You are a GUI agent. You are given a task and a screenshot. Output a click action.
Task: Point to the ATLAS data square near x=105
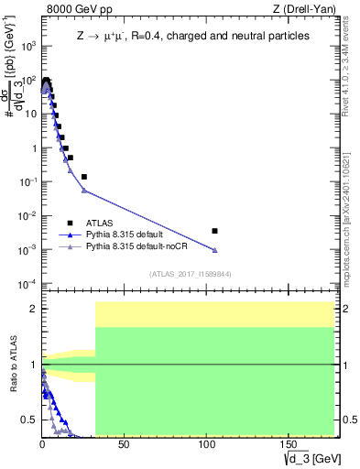214,231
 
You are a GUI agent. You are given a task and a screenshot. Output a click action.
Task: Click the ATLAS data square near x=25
84,177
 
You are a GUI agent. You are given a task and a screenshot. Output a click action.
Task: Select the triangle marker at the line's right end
214,250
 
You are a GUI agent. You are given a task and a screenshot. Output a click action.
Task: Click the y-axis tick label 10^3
27,46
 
